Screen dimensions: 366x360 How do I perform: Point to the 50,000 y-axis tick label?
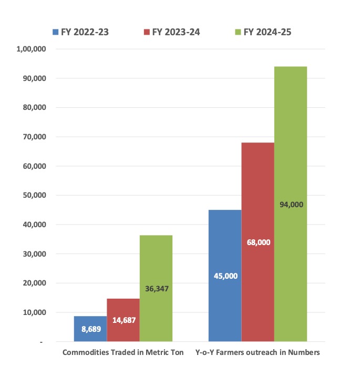(x=36, y=195)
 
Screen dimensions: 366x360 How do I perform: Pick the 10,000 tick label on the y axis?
(x=36, y=312)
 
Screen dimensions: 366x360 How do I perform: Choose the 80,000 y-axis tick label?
(x=36, y=107)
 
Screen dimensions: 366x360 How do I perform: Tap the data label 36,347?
(x=156, y=289)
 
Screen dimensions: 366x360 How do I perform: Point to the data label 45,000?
(x=225, y=276)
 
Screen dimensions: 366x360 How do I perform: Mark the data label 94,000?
(x=291, y=205)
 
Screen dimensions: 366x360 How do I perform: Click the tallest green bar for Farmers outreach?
(x=291, y=131)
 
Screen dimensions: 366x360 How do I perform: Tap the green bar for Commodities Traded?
(x=156, y=252)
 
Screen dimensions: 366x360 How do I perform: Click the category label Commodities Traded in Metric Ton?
(x=123, y=352)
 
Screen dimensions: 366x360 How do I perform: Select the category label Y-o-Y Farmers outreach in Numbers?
(x=258, y=352)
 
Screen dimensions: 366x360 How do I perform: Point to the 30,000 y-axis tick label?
(x=36, y=253)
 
